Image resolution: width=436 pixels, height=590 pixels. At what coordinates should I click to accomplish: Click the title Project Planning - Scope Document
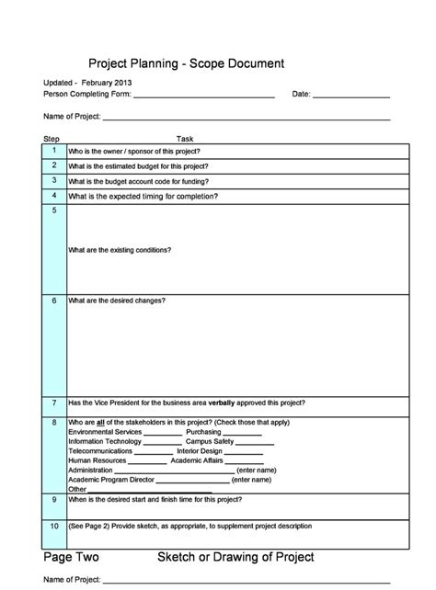coord(186,63)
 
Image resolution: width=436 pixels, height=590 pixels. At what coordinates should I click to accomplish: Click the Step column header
coord(52,138)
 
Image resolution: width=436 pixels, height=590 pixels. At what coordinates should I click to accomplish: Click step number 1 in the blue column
coord(54,150)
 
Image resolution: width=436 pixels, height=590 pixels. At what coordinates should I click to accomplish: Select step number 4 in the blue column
coord(54,196)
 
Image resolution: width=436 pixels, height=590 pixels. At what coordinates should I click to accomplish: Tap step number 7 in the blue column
coord(54,403)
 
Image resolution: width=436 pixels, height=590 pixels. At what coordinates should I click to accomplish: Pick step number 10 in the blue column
coord(54,527)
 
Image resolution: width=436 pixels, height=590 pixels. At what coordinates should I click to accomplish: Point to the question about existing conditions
coord(120,250)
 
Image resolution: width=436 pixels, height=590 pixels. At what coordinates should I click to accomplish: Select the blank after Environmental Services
coord(163,432)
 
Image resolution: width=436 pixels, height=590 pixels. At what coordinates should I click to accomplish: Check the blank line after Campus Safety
coord(256,442)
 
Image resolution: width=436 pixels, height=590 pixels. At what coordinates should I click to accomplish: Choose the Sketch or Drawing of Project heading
coord(235,558)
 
